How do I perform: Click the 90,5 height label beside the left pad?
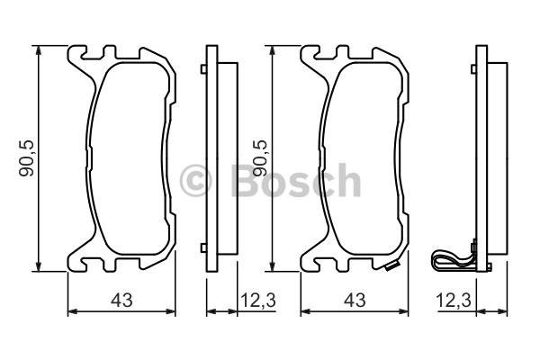[27, 157]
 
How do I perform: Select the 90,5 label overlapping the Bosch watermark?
[260, 157]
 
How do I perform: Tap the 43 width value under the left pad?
[121, 301]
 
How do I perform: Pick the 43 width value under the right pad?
[355, 301]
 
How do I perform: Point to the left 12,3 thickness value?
[258, 301]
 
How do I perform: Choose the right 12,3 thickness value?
[454, 301]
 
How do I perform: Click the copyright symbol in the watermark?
[195, 181]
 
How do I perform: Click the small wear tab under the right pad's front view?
[391, 266]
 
